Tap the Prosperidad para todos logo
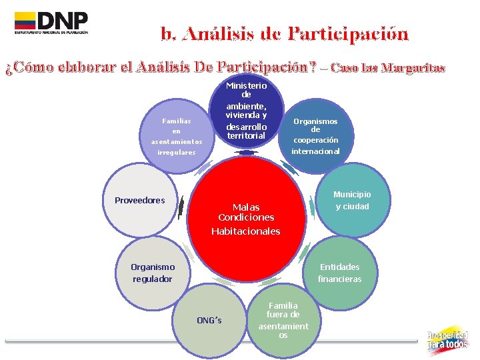(447, 340)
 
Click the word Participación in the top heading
(349, 33)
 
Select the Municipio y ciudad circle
(351, 200)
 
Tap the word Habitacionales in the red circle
(245, 231)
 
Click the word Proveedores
(139, 200)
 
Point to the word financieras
(339, 279)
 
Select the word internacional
(315, 151)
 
